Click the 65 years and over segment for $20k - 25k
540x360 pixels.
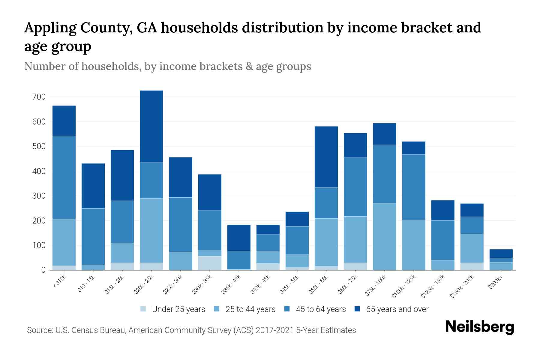pyautogui.click(x=151, y=126)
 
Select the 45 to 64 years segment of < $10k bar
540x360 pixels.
pyautogui.click(x=64, y=177)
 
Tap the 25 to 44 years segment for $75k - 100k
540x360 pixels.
pyautogui.click(x=384, y=236)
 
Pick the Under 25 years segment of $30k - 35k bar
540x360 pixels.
pyautogui.click(x=210, y=263)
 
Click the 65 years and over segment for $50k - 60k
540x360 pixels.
pyautogui.click(x=326, y=157)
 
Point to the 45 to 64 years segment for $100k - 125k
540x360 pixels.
pyautogui.click(x=413, y=187)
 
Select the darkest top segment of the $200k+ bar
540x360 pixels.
pyautogui.click(x=501, y=253)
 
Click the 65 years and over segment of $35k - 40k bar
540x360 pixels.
pyautogui.click(x=239, y=238)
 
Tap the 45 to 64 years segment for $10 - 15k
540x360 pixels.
pyautogui.click(x=93, y=236)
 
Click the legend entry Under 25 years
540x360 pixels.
pyautogui.click(x=178, y=309)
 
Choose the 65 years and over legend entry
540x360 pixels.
pyautogui.click(x=397, y=309)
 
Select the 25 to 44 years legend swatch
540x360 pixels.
pyautogui.click(x=217, y=309)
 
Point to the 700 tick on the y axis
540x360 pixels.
pyautogui.click(x=39, y=97)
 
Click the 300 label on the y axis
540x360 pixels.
pyautogui.click(x=39, y=196)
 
